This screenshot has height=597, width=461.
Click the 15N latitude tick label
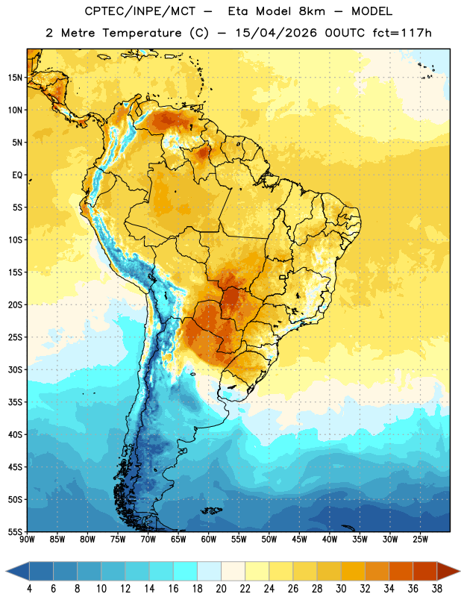(x=15, y=78)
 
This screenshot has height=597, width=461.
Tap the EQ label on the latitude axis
(x=17, y=175)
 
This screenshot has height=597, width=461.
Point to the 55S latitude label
(x=15, y=531)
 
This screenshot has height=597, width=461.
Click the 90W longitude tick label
(x=28, y=540)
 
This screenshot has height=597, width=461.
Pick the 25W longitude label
(x=420, y=540)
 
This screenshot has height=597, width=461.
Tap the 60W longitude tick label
(x=209, y=540)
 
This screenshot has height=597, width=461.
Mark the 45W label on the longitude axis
(x=299, y=540)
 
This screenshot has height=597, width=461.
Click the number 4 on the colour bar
(x=29, y=589)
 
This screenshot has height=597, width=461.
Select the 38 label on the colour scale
(x=437, y=589)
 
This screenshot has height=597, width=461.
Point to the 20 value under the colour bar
(x=221, y=589)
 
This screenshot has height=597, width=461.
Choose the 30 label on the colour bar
(x=341, y=589)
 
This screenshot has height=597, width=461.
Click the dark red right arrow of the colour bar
(x=448, y=571)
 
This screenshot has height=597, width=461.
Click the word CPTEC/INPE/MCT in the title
(x=140, y=11)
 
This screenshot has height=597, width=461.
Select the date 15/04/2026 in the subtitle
(x=276, y=33)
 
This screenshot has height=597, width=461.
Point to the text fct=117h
(x=402, y=33)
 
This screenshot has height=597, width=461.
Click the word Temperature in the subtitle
(x=142, y=33)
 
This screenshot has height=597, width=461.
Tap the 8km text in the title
(x=312, y=11)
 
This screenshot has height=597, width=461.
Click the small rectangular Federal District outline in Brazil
(x=283, y=277)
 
